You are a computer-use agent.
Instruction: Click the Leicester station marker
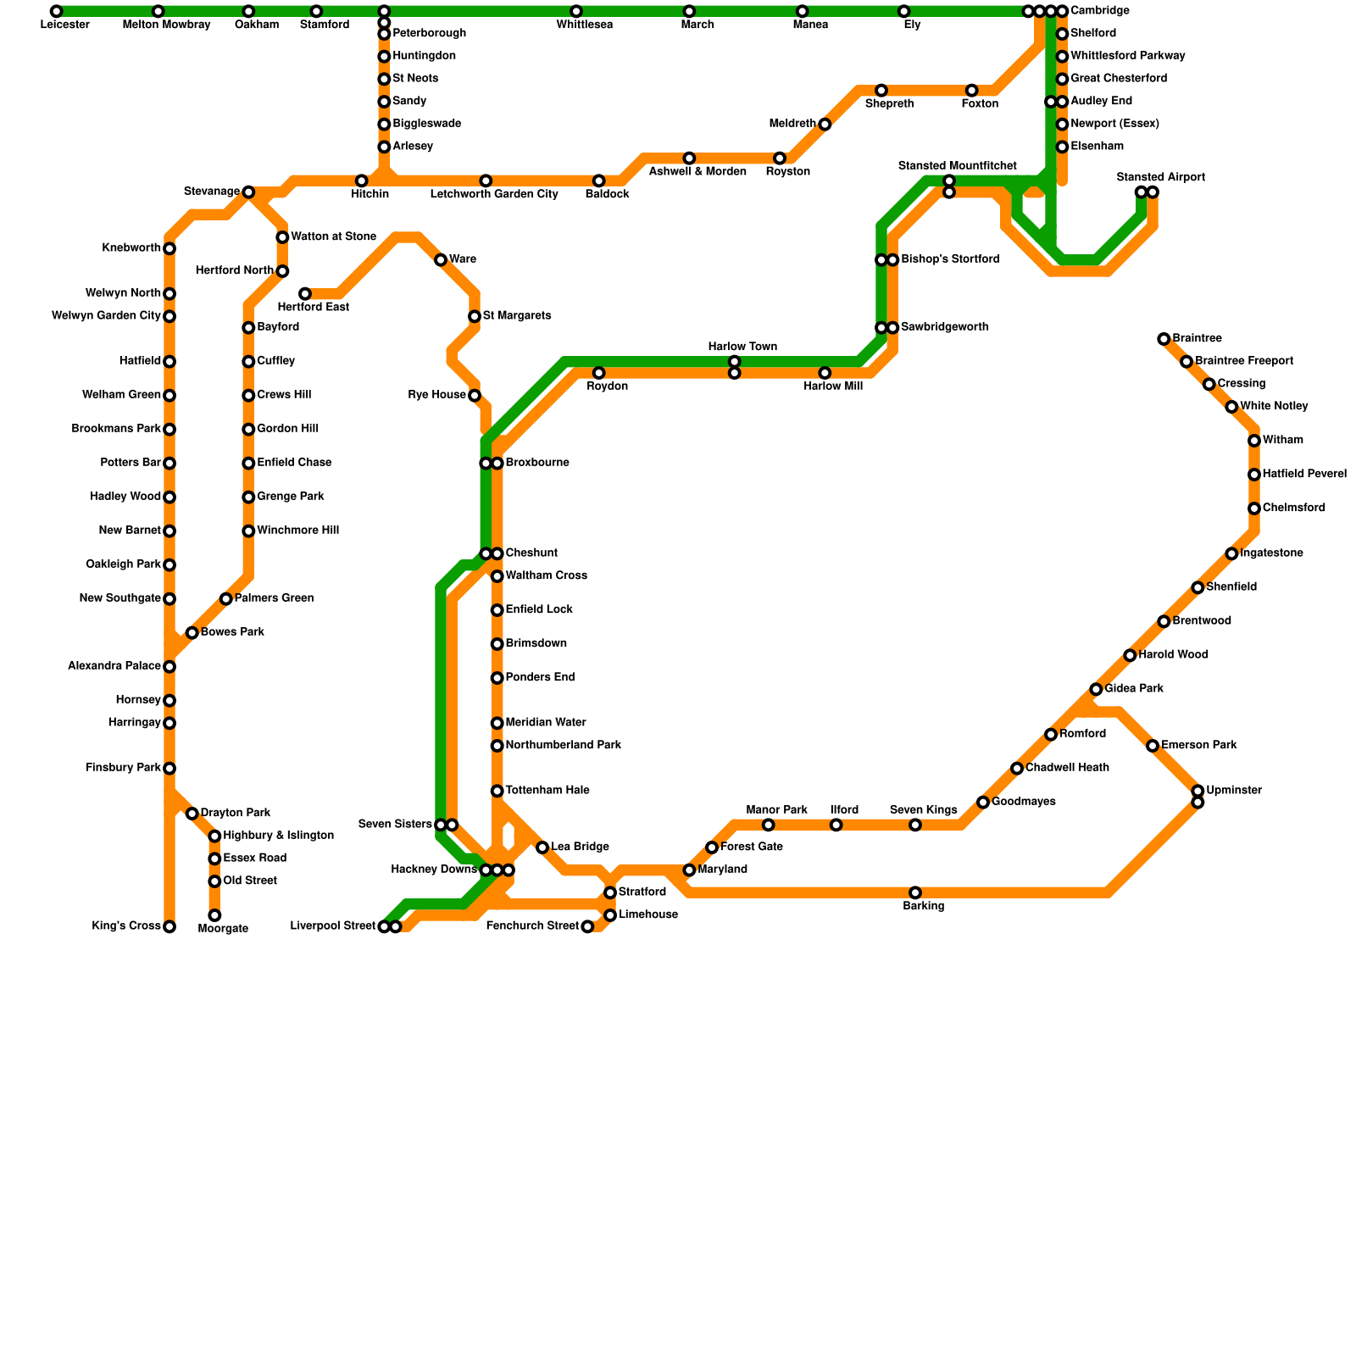click(56, 11)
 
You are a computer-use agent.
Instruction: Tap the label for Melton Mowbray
click(166, 25)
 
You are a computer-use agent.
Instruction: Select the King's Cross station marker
click(169, 926)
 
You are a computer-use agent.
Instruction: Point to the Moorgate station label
click(223, 929)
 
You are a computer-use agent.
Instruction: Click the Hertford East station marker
click(305, 294)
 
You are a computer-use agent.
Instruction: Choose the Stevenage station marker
click(248, 192)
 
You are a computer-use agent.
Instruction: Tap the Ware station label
click(463, 259)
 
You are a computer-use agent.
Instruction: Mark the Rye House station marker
click(475, 396)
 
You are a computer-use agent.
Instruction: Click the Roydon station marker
click(599, 373)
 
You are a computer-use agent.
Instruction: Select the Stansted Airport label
click(1160, 178)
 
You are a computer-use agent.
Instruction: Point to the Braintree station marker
click(1164, 339)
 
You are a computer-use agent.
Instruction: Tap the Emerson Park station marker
click(1153, 746)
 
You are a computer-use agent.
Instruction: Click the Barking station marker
click(915, 892)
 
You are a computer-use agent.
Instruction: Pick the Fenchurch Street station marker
click(587, 926)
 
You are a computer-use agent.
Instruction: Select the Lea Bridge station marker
click(542, 847)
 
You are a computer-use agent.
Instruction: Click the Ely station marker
click(904, 11)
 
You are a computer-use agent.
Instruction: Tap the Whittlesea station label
click(585, 25)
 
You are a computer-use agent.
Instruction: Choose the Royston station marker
click(780, 158)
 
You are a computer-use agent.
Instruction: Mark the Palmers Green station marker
click(226, 599)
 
